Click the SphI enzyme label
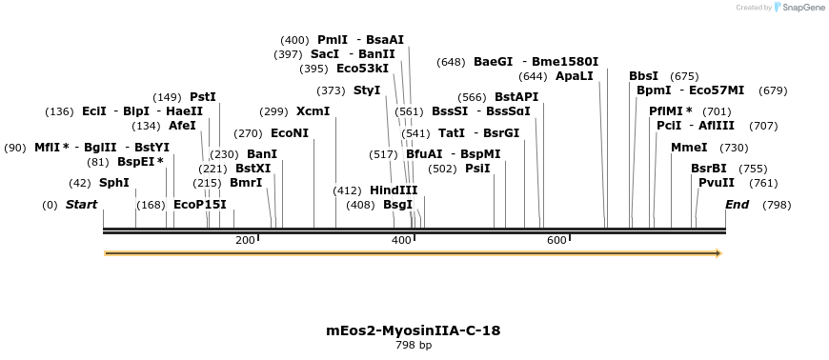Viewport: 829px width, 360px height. pos(113,183)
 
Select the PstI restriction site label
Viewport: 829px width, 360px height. pos(203,97)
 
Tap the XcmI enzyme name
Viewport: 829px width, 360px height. pos(313,111)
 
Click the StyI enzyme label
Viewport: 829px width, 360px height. pos(367,90)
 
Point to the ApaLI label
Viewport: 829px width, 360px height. pos(575,76)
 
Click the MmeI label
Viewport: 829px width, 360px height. pos(689,148)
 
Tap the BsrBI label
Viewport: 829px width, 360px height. pos(709,169)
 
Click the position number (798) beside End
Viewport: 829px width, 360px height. pos(777,205)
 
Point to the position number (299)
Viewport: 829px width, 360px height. pos(273,111)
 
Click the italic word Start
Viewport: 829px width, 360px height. pos(81,205)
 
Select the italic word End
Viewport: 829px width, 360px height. pos(737,205)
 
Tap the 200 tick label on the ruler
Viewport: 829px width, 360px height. pos(245,240)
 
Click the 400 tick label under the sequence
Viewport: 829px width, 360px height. pos(401,240)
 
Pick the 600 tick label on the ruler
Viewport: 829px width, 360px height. pos(557,240)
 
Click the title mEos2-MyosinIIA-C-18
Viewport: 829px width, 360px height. pos(414,330)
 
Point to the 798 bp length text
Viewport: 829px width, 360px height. pos(414,345)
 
